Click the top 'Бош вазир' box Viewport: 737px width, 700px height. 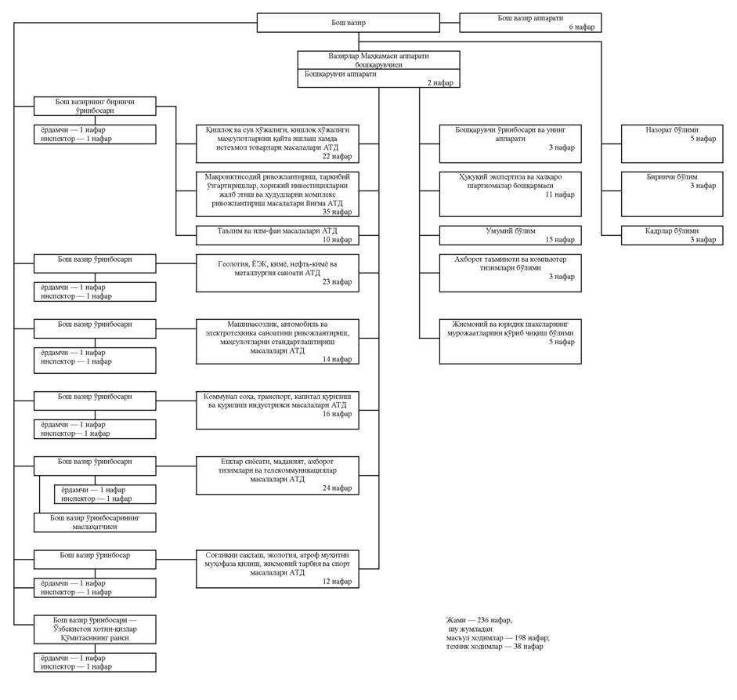pos(347,23)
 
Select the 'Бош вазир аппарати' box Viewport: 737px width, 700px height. pos(530,22)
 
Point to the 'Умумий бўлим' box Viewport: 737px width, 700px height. pos(510,235)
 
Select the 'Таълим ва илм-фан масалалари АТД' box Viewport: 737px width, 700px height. pos(277,235)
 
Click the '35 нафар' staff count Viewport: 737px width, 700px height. pos(338,212)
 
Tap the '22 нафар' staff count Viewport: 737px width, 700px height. pos(338,157)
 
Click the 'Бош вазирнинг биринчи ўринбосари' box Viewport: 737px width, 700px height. pos(95,107)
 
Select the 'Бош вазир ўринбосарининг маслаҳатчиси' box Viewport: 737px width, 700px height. pos(95,523)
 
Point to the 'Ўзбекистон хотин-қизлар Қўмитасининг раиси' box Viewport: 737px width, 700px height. pos(95,629)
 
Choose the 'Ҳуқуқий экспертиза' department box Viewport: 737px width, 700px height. pos(510,193)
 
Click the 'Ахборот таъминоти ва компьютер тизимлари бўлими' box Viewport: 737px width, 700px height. pos(510,273)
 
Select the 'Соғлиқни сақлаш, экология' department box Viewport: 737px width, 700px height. pos(277,569)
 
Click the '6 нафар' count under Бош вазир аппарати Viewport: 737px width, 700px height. pos(582,27)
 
